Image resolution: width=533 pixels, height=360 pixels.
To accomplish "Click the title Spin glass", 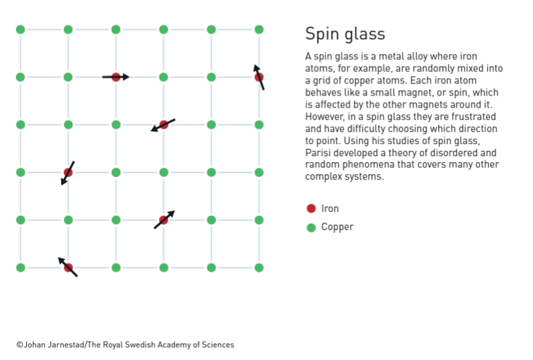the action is click(345, 34).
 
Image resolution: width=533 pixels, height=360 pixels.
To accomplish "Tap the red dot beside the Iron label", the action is click(311, 209).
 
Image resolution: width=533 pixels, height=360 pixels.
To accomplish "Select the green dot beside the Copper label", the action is click(311, 227).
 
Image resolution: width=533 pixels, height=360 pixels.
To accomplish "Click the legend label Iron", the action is click(330, 209).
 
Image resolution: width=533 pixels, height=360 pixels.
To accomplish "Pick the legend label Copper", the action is click(337, 227).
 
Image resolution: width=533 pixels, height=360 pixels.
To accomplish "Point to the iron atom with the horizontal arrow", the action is click(116, 77).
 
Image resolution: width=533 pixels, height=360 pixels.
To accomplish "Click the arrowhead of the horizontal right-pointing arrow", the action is click(126, 77).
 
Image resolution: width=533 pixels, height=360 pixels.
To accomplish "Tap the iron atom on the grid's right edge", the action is click(259, 77).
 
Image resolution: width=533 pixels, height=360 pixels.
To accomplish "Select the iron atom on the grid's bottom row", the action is click(69, 268).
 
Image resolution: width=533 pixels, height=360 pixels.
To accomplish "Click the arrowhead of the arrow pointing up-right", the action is click(172, 214).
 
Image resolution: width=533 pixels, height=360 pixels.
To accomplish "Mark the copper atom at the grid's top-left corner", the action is click(20, 30).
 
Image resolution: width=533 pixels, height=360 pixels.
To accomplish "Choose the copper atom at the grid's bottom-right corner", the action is click(259, 268).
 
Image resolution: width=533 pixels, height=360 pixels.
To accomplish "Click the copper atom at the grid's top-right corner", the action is click(259, 30).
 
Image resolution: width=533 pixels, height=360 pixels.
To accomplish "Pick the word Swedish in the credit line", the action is click(138, 345).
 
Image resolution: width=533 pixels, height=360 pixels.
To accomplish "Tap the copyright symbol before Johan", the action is click(20, 345).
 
